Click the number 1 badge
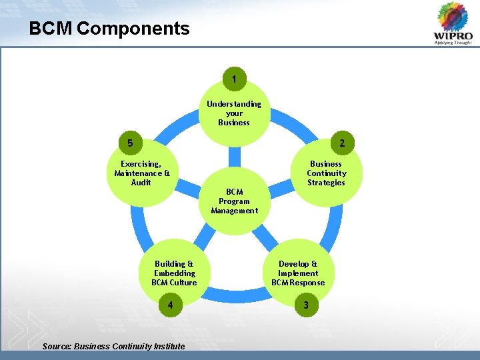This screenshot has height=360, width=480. [x=234, y=79]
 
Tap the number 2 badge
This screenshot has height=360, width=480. [x=342, y=143]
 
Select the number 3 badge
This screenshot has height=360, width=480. [x=306, y=305]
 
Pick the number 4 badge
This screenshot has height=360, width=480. [x=171, y=305]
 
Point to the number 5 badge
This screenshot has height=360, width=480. [x=130, y=143]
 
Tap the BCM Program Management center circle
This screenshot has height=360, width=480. [x=234, y=201]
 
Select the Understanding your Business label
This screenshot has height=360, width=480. [x=234, y=113]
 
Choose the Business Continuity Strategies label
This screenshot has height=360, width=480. [x=326, y=173]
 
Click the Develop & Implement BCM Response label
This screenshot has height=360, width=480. [x=298, y=273]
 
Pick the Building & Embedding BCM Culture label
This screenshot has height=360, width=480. [x=174, y=273]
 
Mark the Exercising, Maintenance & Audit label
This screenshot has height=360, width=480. [x=141, y=173]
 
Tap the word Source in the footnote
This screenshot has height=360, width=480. [x=56, y=346]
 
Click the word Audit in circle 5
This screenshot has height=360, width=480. [x=141, y=183]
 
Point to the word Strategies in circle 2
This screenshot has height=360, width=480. [x=326, y=183]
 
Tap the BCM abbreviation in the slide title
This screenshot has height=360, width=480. [x=51, y=29]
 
